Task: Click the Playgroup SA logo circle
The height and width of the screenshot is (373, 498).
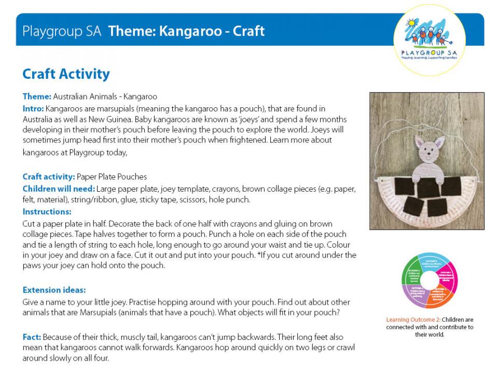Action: (x=429, y=40)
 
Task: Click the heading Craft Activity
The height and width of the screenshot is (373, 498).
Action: (x=66, y=74)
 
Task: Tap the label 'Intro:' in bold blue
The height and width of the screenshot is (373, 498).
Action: (x=33, y=108)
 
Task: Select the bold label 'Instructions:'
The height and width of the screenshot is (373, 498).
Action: (x=47, y=211)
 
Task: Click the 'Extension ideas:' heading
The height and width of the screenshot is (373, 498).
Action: (x=54, y=290)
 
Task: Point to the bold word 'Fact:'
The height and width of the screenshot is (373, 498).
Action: (x=32, y=337)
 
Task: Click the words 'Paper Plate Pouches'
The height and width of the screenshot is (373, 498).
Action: (x=112, y=177)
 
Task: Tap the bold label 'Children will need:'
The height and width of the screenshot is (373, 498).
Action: (x=59, y=189)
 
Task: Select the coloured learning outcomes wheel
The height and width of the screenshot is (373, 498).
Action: (x=429, y=280)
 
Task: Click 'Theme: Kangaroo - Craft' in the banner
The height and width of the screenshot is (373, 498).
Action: (x=186, y=31)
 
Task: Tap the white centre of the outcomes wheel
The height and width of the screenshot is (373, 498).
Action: (x=429, y=280)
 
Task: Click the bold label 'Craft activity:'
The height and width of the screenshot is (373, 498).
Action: (x=49, y=177)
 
